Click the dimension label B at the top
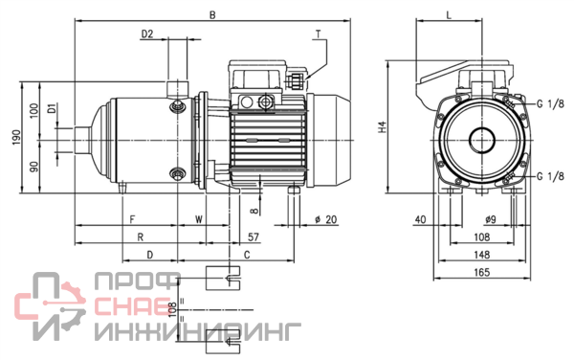click(212, 15)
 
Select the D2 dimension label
click(147, 34)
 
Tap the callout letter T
click(319, 34)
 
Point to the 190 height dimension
click(17, 137)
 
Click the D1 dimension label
click(53, 109)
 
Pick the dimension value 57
click(254, 236)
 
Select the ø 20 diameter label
click(326, 219)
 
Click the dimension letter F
click(133, 219)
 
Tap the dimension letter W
click(199, 219)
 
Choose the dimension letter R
click(141, 236)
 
